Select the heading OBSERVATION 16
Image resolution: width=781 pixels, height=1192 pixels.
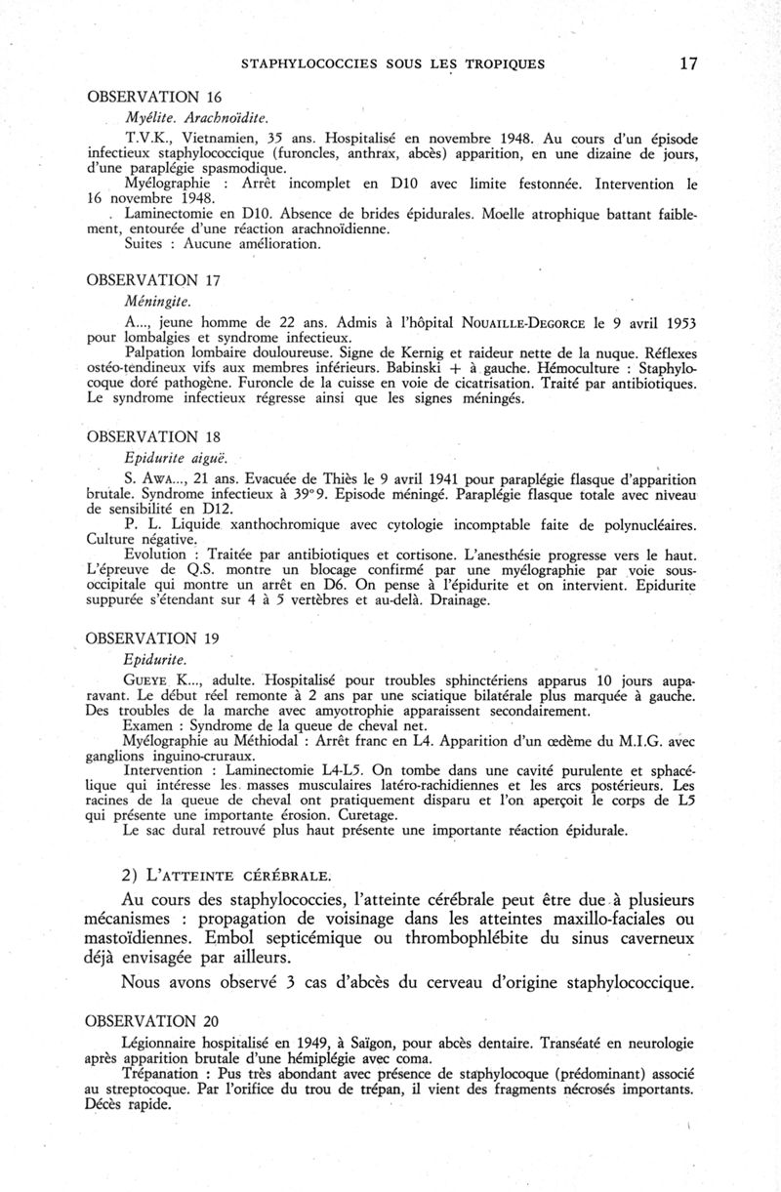point(155,97)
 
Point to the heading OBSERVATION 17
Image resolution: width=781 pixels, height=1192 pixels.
point(155,280)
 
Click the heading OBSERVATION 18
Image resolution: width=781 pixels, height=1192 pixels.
point(155,435)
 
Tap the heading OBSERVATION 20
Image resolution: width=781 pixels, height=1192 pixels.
point(155,1021)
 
